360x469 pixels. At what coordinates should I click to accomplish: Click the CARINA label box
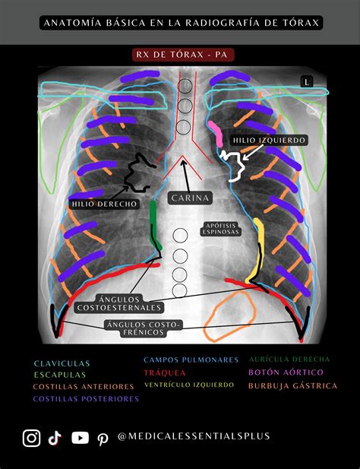point(190,198)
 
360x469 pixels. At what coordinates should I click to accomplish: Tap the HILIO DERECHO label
point(104,204)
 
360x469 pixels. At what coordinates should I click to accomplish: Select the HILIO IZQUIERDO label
point(269,140)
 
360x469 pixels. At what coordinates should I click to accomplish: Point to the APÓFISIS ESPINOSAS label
point(221,229)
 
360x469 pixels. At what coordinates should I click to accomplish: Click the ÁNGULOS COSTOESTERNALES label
point(119,303)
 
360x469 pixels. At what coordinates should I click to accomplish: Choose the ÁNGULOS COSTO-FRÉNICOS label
point(144,328)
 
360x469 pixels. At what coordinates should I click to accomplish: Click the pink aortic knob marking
point(216,133)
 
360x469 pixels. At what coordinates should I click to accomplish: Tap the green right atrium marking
point(154,225)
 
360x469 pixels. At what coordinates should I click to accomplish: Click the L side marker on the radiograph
point(307,81)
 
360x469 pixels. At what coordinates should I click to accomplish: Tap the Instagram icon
point(31,438)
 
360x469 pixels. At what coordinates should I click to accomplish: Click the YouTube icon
point(80,438)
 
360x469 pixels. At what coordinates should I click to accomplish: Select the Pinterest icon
point(103,439)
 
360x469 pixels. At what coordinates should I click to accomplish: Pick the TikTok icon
point(55,439)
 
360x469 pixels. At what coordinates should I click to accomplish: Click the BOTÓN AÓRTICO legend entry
point(286,372)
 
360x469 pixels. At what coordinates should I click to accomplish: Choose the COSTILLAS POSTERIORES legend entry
point(86,399)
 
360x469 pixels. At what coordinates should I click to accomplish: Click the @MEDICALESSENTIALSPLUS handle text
point(194,436)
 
